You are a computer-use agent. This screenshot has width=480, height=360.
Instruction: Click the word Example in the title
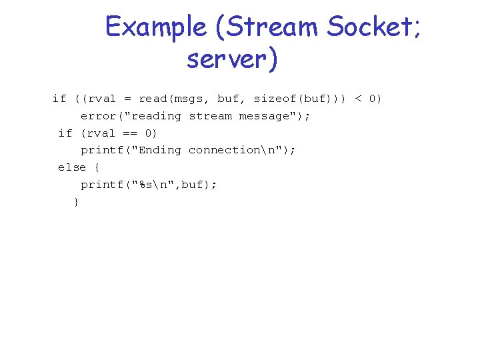(x=156, y=27)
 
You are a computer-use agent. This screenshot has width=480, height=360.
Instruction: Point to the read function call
(x=153, y=99)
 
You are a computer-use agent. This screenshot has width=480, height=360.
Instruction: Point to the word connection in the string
(x=225, y=150)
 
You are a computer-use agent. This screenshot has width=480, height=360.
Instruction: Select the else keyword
(x=72, y=167)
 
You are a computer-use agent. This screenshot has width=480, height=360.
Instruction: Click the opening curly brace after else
(x=98, y=167)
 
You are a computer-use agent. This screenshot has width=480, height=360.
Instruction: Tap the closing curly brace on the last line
(x=76, y=201)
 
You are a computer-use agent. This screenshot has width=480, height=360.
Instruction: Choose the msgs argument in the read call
(x=192, y=99)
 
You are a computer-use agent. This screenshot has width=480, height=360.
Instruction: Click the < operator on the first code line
(x=358, y=99)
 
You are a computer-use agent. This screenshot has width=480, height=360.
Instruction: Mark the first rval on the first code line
(x=102, y=99)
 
